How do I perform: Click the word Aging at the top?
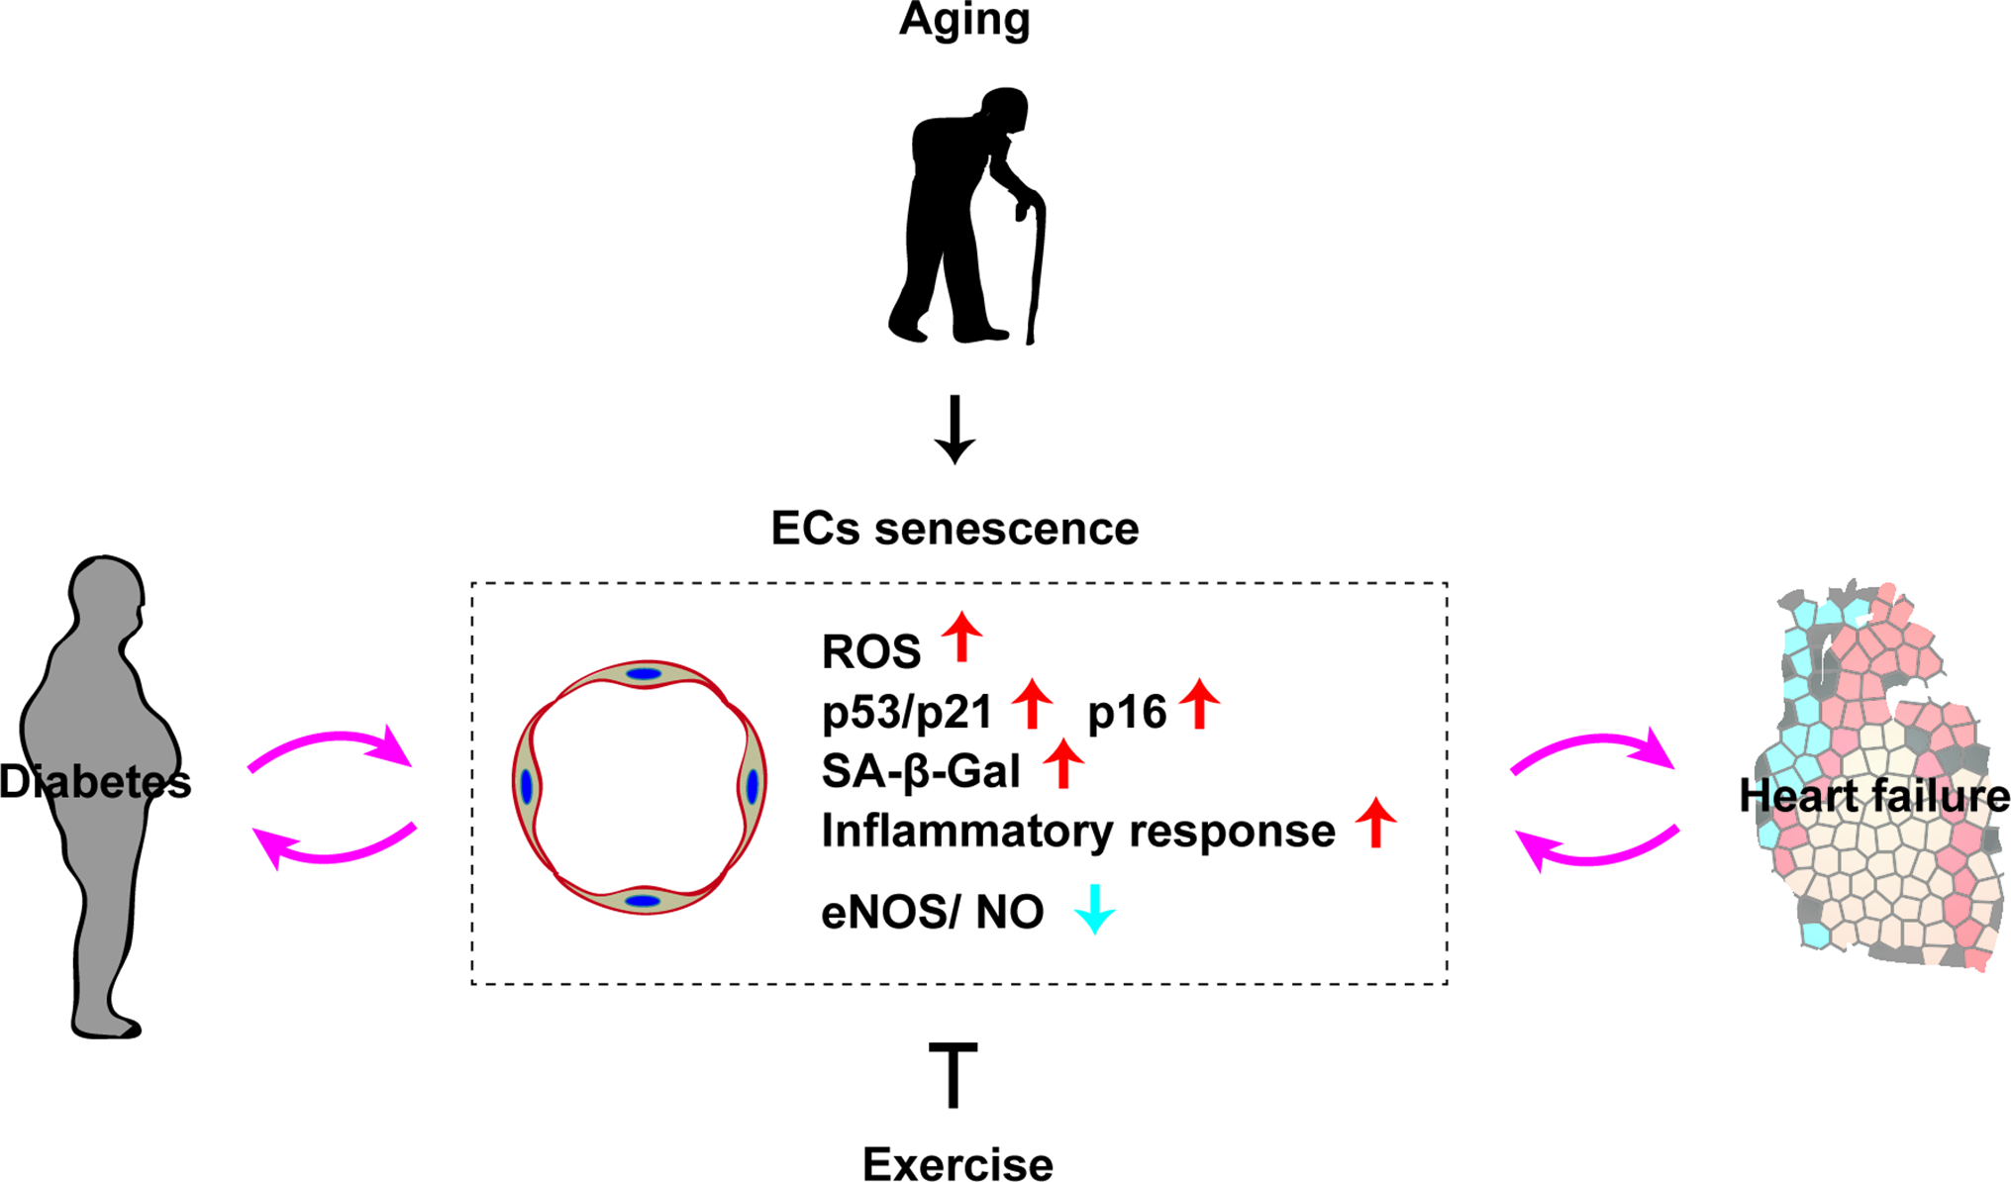[x=964, y=20]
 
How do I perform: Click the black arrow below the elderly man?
[x=955, y=430]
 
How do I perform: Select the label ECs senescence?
[x=955, y=529]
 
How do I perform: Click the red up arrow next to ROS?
[x=961, y=637]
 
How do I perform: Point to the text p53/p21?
[x=907, y=712]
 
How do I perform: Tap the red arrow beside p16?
[x=1200, y=704]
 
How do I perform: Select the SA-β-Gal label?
[x=921, y=771]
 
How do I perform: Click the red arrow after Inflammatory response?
[x=1375, y=822]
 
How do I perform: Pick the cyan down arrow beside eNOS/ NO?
[x=1095, y=909]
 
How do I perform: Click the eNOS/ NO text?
[x=933, y=912]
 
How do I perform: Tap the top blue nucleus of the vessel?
[x=644, y=674]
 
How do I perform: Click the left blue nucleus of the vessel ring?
[x=526, y=787]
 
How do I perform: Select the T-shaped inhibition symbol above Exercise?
[x=954, y=1074]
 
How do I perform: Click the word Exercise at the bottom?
[x=957, y=1164]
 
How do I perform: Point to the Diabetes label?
[x=95, y=782]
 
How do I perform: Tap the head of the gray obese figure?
[x=106, y=594]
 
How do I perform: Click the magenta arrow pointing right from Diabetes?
[x=332, y=748]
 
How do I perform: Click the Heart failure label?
[x=1874, y=796]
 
